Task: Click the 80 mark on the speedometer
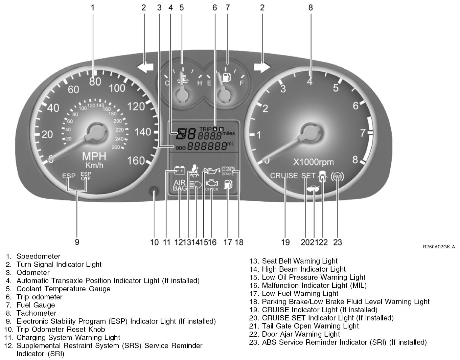pos(95,81)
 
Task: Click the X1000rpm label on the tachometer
pos(313,162)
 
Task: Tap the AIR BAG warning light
pos(180,185)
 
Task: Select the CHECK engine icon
pos(212,185)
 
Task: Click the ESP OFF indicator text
pos(86,176)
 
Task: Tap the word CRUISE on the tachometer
pos(284,176)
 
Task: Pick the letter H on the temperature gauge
pos(200,83)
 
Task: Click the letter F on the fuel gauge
pos(241,83)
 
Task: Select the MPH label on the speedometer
pos(94,156)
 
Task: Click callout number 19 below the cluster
pos(285,242)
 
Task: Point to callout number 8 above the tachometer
pos(310,7)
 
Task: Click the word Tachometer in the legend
pos(36,313)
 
